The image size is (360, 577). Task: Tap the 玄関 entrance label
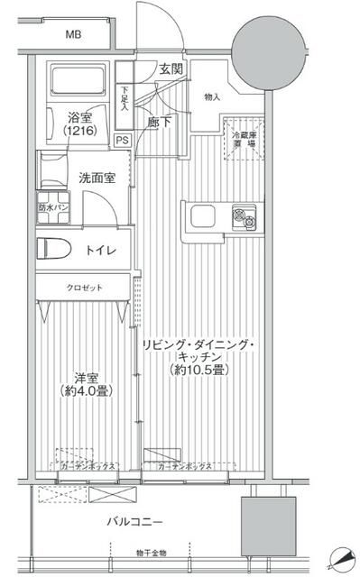point(172,69)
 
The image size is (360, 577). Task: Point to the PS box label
point(122,139)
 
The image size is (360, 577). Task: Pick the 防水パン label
point(51,208)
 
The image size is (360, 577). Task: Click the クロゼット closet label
point(83,288)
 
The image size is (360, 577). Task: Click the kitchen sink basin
point(201,216)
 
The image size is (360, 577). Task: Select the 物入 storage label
point(213,97)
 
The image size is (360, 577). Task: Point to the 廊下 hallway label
point(163,122)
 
